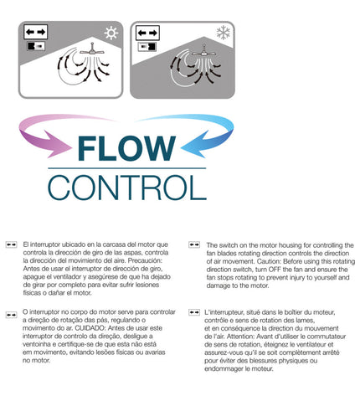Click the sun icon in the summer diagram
coord(111,33)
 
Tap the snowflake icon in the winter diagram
coord(224,33)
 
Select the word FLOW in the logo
coord(126,148)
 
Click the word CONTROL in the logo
coord(127,188)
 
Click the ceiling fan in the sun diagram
coord(92,49)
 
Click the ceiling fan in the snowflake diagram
coord(204,52)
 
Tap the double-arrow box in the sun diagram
coord(35,32)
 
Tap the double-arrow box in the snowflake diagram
coord(147,33)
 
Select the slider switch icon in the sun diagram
coord(36,46)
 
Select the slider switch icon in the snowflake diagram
coord(147,47)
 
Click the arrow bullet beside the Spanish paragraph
coord(11,244)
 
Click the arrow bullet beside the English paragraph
coord(194,244)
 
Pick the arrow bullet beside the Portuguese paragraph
coord(11,315)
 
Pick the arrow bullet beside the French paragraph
coord(194,312)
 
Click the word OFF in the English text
coord(275,270)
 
